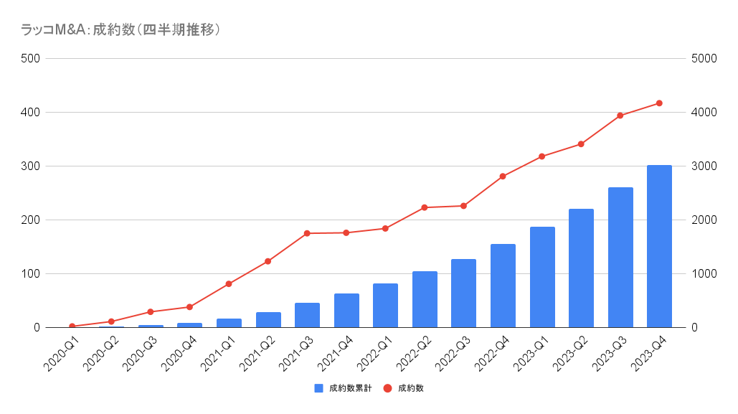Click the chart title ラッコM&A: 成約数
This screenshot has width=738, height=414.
tap(120, 29)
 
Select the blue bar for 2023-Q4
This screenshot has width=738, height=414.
tap(659, 246)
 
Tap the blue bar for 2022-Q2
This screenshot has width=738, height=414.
tap(425, 299)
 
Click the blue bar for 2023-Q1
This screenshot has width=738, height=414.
tap(542, 277)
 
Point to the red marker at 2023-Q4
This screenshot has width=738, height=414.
tap(659, 103)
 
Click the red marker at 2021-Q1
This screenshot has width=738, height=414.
tap(229, 284)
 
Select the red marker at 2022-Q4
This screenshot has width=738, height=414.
tap(503, 177)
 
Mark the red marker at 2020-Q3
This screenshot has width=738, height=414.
tap(151, 312)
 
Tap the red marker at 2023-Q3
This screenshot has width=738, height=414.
tap(620, 116)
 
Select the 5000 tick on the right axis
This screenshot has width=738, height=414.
tap(704, 59)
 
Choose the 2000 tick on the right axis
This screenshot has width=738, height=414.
tap(704, 220)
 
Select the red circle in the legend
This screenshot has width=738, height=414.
tap(387, 388)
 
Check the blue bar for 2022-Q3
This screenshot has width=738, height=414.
tap(463, 293)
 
